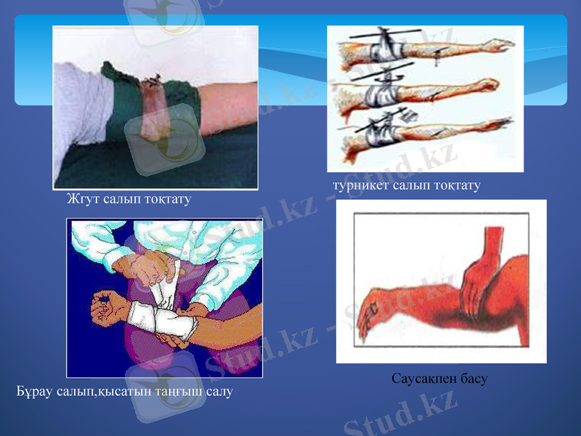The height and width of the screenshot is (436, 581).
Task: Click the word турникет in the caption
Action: coord(359,186)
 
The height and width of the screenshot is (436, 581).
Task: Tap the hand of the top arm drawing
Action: coord(500,45)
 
